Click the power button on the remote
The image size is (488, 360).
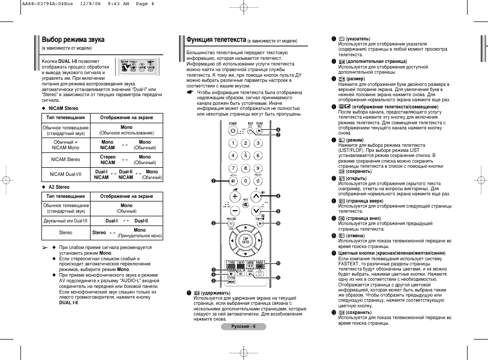pos(233,130)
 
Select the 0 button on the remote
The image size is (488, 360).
pos(246,181)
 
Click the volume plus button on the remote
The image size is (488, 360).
pos(234,196)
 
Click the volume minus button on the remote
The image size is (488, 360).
pos(234,210)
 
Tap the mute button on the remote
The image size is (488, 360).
pos(246,204)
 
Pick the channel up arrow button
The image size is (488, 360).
pos(257,196)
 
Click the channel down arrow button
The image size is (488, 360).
pos(257,210)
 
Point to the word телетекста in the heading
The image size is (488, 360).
pos(229,39)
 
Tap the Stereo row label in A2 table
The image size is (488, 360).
pos(65,233)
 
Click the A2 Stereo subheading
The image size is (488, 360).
pos(59,187)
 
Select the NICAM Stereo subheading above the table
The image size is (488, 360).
pos(63,108)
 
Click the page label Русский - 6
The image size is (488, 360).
pos(243,326)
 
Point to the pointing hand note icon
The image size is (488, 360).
pos(190,93)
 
